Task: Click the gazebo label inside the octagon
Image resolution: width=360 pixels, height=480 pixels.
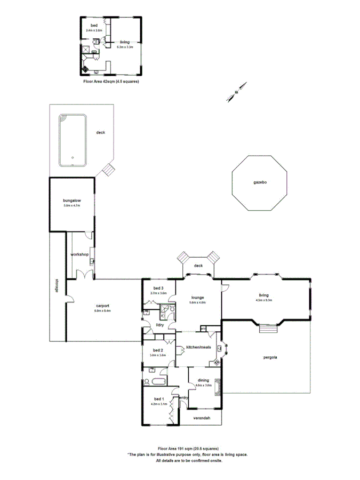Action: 260,182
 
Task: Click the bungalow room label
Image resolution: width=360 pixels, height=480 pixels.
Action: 71,201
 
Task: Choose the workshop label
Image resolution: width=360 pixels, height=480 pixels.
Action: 79,255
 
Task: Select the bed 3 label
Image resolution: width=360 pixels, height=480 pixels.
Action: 158,288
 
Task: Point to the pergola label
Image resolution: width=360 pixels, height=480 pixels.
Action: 269,358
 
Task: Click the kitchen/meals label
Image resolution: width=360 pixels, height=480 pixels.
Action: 198,347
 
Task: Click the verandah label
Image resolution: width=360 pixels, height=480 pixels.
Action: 201,418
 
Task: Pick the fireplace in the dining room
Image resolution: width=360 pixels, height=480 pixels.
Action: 217,386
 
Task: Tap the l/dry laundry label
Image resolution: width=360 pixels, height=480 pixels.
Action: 159,325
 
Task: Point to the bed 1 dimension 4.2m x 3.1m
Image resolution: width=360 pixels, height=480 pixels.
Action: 158,404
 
